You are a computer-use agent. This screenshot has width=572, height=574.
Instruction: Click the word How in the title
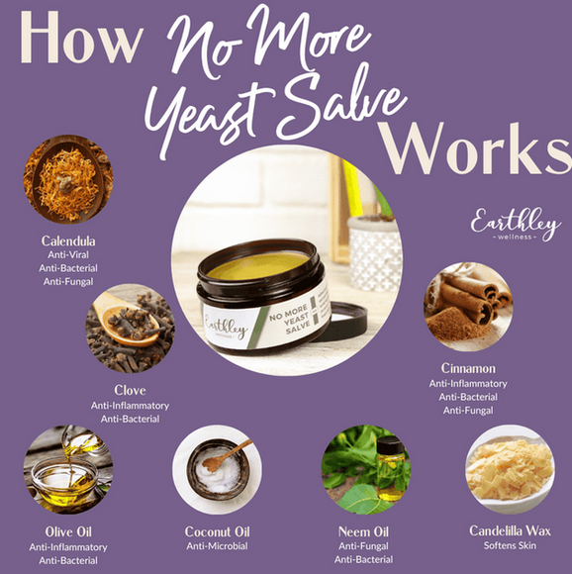[81, 38]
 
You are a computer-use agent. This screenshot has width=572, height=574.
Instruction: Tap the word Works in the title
[475, 148]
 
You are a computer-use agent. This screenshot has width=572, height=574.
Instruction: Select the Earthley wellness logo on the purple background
[516, 225]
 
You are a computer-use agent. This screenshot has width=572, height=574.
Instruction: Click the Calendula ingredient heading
[68, 240]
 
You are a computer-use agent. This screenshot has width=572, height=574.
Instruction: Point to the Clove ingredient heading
[130, 390]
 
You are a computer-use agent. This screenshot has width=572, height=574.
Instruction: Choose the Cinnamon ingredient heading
[468, 368]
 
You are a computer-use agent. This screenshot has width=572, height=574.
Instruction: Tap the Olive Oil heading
[68, 531]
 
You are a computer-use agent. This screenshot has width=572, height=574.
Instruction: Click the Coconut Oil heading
[217, 531]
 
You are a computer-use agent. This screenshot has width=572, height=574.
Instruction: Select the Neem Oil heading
[363, 531]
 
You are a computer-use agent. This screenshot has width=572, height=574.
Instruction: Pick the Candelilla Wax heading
[510, 530]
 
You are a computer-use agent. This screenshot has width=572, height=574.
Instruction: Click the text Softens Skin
[510, 545]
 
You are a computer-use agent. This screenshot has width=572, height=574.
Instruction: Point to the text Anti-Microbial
[217, 546]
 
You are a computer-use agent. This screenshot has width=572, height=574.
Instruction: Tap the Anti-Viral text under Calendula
[68, 254]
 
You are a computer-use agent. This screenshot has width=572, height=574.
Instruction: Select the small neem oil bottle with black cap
[391, 468]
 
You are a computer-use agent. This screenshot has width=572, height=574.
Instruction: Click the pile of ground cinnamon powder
[455, 325]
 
